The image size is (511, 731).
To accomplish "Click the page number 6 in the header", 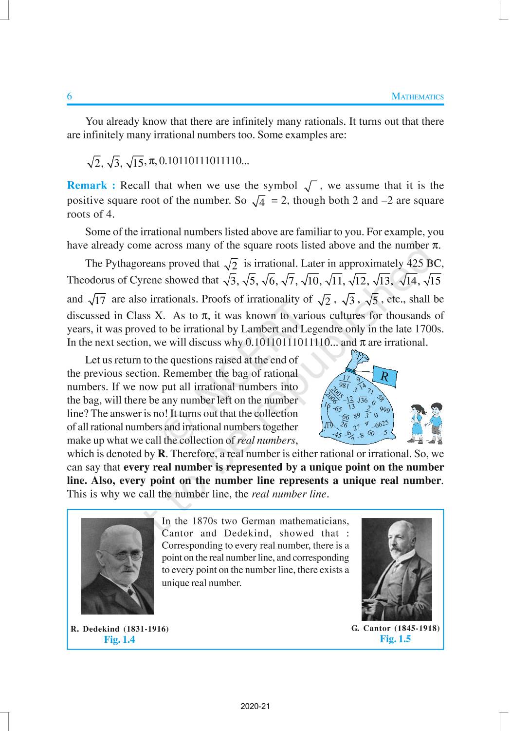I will pyautogui.click(x=69, y=96).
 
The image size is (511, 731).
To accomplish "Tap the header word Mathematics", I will pyautogui.click(x=418, y=97).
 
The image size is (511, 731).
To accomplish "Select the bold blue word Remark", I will pyautogui.click(x=88, y=186).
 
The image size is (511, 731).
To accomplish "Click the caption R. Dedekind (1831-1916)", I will pyautogui.click(x=120, y=629).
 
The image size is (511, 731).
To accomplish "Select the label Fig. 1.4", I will pyautogui.click(x=120, y=640).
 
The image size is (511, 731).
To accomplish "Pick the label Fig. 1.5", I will pyautogui.click(x=395, y=639).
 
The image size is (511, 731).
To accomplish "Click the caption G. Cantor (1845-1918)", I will pyautogui.click(x=395, y=628).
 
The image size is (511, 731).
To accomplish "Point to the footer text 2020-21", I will pyautogui.click(x=255, y=706).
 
